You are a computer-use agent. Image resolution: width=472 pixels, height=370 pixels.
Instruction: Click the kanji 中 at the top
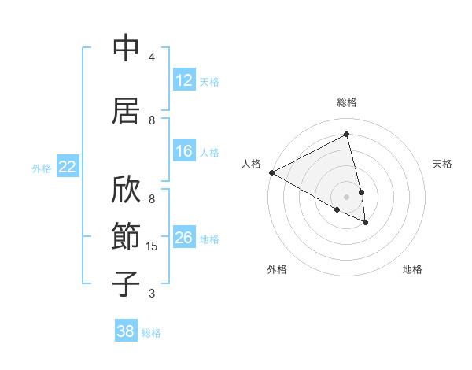[126, 49]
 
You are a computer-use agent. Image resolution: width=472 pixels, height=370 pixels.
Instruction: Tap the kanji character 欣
[126, 190]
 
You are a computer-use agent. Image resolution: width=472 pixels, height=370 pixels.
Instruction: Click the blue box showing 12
[184, 80]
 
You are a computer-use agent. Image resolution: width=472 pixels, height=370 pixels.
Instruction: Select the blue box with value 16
[184, 151]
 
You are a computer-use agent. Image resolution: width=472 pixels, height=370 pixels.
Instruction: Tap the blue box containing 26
[184, 238]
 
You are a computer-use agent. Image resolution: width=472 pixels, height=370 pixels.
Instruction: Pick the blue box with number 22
[68, 166]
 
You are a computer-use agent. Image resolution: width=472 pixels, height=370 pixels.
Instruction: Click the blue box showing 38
[126, 331]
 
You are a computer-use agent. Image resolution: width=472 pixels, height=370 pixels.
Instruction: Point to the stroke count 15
[153, 246]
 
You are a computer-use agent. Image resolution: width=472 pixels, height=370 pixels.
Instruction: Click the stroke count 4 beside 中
[152, 57]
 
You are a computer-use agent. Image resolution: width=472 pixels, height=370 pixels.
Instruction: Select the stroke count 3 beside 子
[152, 294]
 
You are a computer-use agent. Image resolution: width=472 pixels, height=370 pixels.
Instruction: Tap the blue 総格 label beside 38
[151, 333]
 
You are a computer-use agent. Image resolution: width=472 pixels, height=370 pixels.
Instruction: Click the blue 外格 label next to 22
[42, 168]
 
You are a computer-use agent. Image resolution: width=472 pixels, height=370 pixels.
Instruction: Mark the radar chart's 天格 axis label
[443, 164]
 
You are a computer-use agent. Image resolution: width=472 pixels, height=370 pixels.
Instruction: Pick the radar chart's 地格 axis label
[412, 269]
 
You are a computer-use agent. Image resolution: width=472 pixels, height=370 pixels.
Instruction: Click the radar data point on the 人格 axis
[271, 172]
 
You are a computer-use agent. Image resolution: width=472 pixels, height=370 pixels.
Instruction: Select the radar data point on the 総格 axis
[346, 135]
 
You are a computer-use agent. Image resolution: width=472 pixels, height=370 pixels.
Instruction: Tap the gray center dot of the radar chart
[346, 196]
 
